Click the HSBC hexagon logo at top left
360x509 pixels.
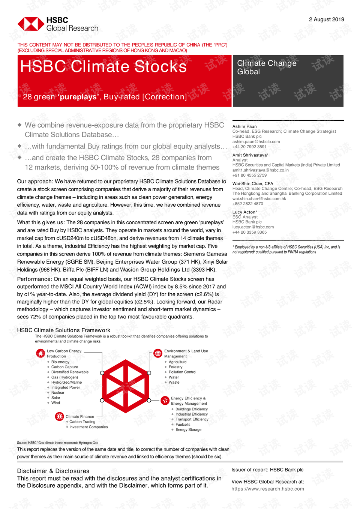[31, 24]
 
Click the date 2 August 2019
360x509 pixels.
[326, 20]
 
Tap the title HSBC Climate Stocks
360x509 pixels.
[103, 67]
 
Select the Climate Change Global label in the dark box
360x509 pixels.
[267, 68]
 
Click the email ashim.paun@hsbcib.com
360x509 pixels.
[256, 142]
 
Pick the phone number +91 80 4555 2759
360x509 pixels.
[249, 175]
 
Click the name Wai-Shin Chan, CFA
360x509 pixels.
[253, 184]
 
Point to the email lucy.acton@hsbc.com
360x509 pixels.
[253, 227]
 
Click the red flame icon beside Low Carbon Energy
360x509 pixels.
[40, 353]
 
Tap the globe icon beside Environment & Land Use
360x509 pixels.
[158, 353]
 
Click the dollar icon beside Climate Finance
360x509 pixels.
[59, 416]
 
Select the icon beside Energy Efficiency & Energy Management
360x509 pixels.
[165, 401]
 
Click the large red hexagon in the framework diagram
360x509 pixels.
[126, 386]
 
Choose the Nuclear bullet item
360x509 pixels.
[58, 393]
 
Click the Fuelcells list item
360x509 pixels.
[183, 425]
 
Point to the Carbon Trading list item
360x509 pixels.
[82, 422]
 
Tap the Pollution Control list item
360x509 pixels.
[182, 372]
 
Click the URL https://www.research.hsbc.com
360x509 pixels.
[268, 489]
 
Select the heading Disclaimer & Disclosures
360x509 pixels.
[53, 471]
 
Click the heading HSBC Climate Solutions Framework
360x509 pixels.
[64, 330]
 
